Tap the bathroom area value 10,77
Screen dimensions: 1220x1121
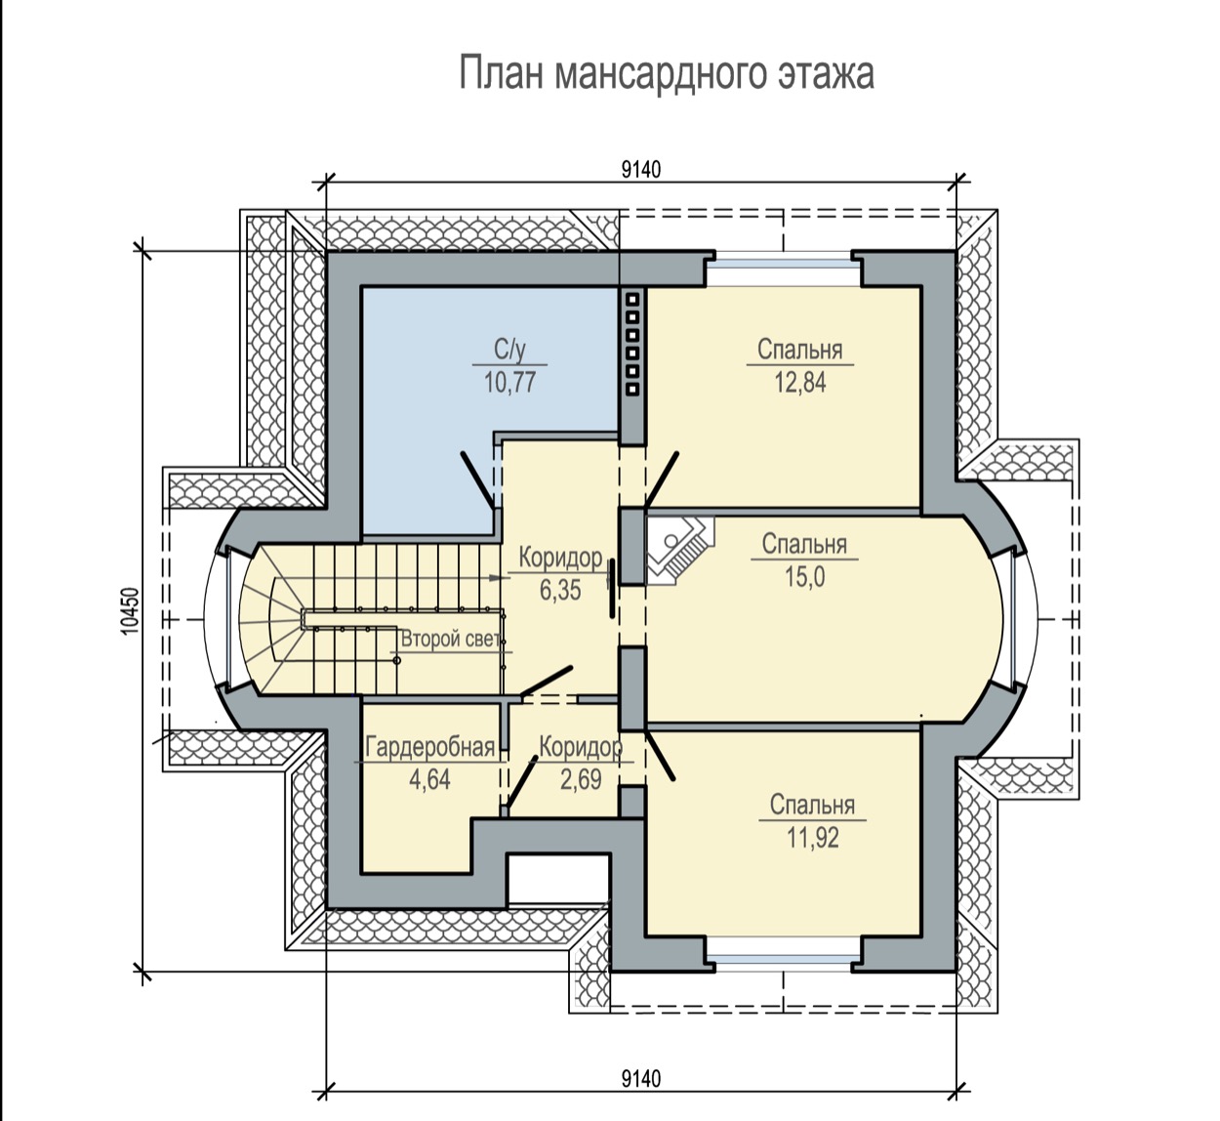pos(509,383)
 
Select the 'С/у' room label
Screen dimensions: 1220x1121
pos(509,350)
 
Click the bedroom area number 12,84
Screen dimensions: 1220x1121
pos(799,383)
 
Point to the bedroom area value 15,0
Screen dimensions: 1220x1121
pos(804,576)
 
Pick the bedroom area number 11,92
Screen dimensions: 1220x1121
pos(813,838)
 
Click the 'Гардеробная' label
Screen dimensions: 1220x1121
pos(430,747)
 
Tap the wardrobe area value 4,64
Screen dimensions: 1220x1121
pos(430,779)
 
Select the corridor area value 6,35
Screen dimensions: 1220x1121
pos(560,591)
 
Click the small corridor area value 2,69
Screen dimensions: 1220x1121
pos(581,779)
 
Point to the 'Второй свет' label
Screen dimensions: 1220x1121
pos(451,640)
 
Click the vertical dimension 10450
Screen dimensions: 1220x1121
pos(130,611)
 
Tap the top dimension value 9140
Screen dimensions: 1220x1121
pos(641,170)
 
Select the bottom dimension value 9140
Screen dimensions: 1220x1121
pos(641,1080)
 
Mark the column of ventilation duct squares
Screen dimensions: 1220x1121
pos(633,344)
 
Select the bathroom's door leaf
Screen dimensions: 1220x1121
pos(477,479)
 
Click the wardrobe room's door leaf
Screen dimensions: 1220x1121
pos(520,783)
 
